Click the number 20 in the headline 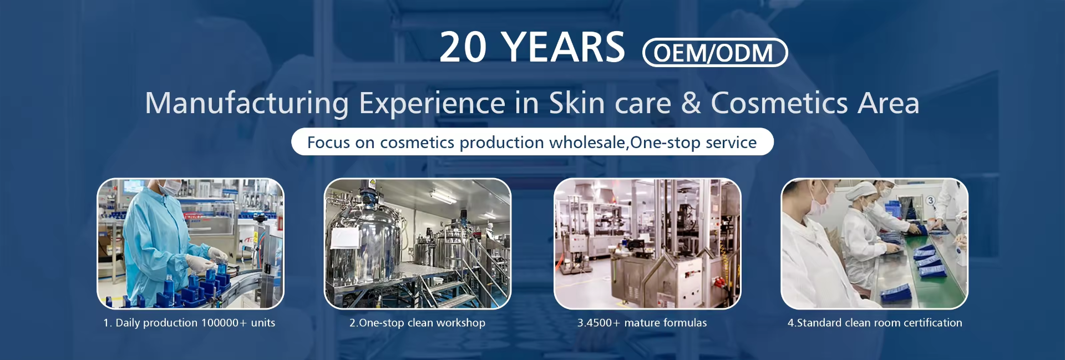[463, 47]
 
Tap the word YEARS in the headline [563, 47]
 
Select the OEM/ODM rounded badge [715, 53]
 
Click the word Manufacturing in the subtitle [247, 104]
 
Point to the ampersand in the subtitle [691, 103]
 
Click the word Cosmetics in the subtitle [779, 103]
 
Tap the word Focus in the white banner [328, 143]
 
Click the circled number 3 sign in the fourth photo [930, 201]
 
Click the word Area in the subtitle [889, 103]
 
